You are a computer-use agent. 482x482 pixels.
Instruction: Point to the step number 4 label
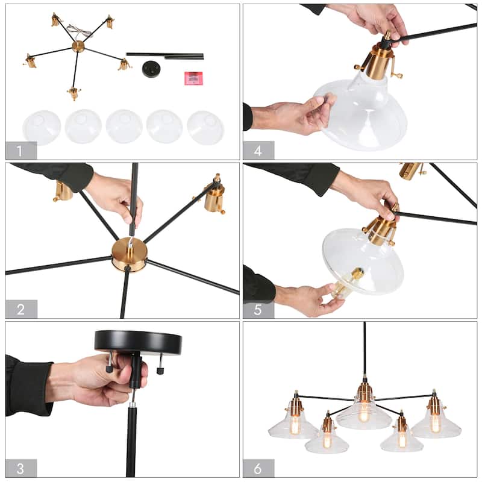point(258,150)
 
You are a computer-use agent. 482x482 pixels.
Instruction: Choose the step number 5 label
point(258,309)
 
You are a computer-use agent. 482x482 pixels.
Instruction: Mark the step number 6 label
point(258,468)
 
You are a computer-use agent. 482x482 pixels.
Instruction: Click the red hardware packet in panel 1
point(193,77)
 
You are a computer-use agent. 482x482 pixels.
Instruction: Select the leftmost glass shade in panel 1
point(42,127)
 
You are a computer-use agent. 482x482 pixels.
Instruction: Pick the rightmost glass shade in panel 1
point(205,127)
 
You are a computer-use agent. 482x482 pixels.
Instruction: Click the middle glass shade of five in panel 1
point(124,127)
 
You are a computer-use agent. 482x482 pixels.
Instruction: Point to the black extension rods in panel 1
point(164,55)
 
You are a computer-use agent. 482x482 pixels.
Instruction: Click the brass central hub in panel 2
point(129,254)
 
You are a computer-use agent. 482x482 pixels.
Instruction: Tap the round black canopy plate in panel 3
point(138,342)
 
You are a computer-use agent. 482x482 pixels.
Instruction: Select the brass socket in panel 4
point(379,61)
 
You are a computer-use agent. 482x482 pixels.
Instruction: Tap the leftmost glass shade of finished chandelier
point(293,425)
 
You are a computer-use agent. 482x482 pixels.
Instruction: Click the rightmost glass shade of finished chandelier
point(436,424)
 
